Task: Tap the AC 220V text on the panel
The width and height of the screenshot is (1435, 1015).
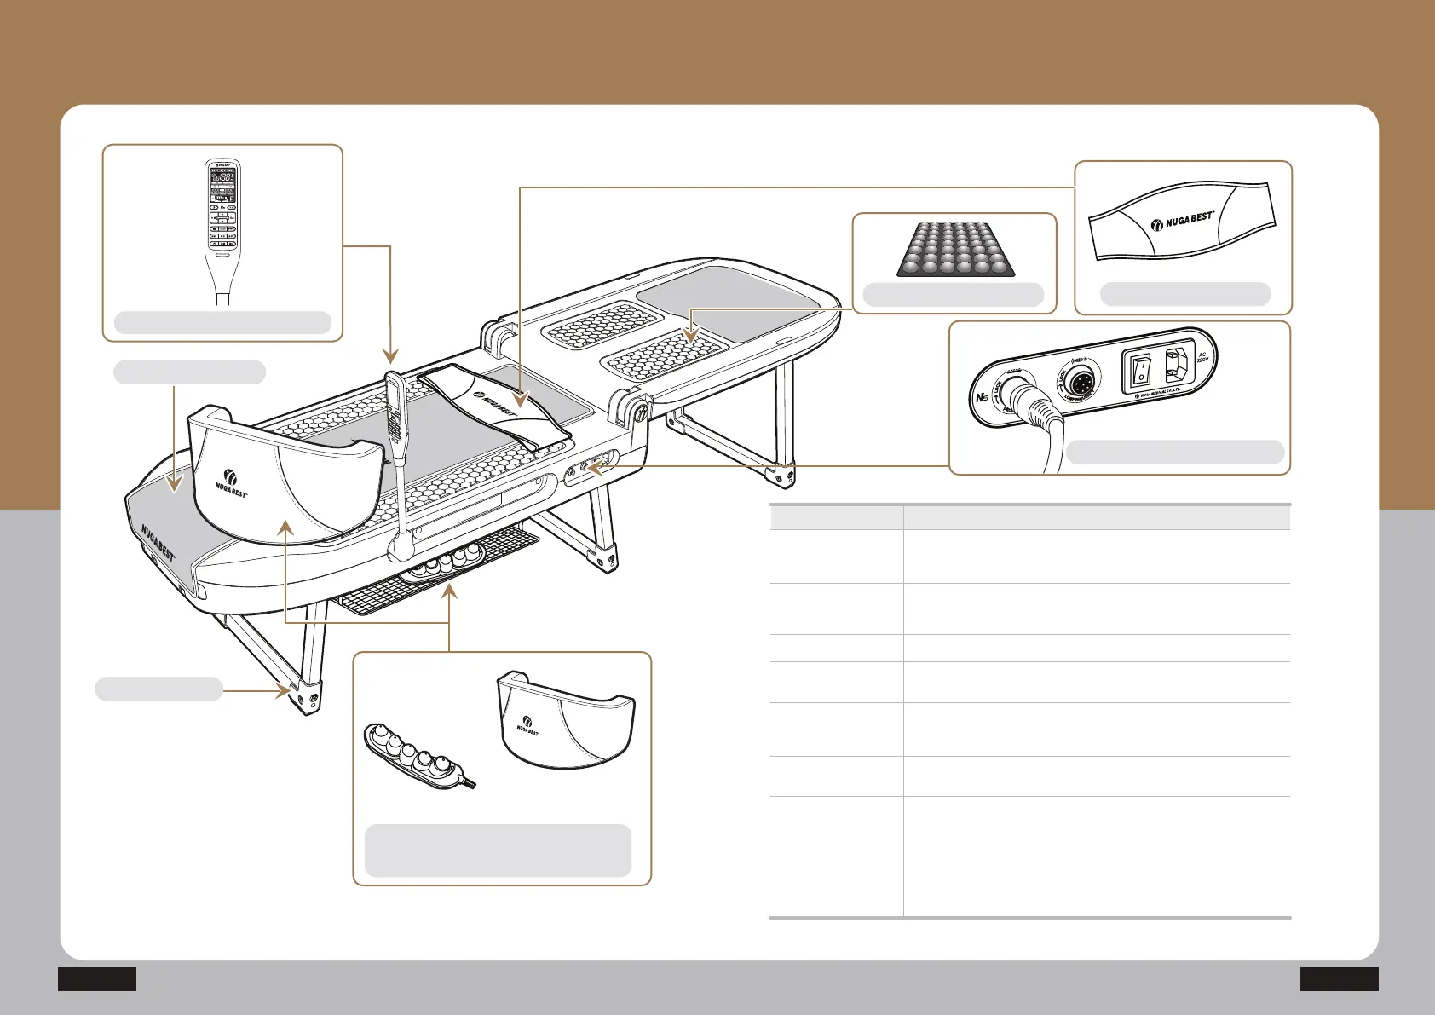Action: coord(1202,357)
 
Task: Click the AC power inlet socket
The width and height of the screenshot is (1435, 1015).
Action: coord(1176,363)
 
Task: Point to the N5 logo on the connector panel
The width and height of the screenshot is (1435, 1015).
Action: coord(982,397)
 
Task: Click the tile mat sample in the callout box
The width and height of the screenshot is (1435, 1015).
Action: coord(954,250)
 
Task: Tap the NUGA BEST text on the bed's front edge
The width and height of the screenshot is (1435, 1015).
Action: coord(158,543)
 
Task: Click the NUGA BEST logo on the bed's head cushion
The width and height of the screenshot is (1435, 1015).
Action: coord(231,483)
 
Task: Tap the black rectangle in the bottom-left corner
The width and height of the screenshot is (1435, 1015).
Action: coord(97,978)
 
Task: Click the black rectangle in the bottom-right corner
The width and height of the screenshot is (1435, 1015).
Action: coord(1338,978)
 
